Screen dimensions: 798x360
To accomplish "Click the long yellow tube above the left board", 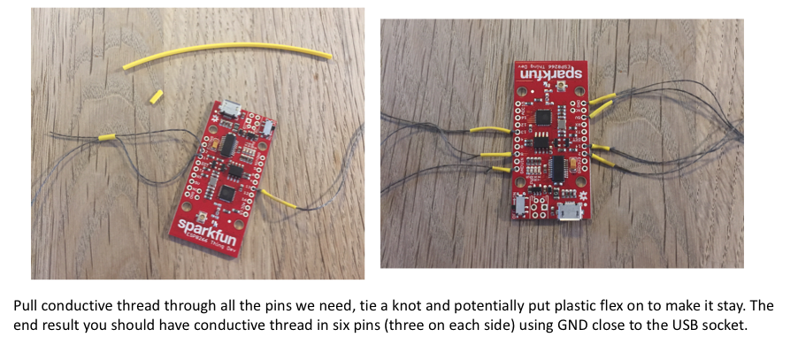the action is pos(226,50).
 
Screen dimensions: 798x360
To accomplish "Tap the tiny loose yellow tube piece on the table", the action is pos(157,96).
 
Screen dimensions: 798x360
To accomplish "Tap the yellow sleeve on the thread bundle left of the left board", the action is pos(107,137).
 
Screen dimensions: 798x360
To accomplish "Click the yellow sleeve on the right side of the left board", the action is pos(279,198).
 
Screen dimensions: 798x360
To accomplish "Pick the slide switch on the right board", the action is pos(520,205).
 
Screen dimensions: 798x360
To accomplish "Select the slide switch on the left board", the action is pos(266,128).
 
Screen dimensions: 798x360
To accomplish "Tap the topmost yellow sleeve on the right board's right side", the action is pos(602,98).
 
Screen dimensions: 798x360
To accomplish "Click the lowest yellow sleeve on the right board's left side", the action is pos(502,169).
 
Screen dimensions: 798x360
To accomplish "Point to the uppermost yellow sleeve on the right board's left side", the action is pos(490,130).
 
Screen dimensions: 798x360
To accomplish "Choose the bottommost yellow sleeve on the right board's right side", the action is pos(602,162).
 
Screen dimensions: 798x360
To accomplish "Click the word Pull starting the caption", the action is pos(26,306).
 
